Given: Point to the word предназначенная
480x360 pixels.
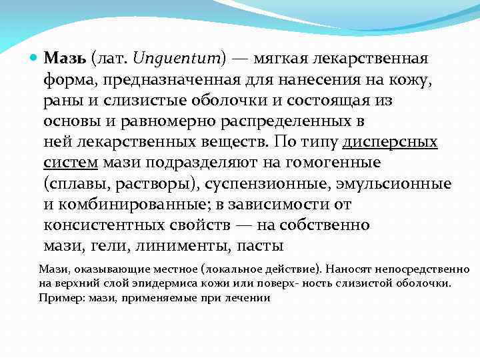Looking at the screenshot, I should (156, 79).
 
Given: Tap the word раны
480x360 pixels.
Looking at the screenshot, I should (62, 101).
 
